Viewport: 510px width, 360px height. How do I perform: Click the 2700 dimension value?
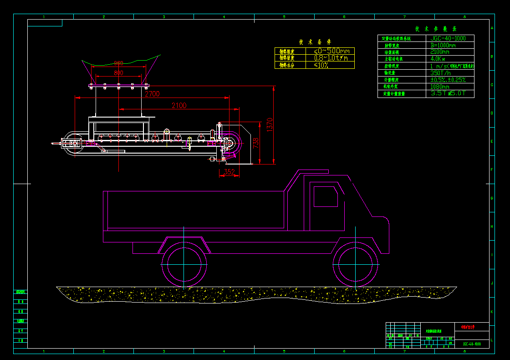pos(152,94)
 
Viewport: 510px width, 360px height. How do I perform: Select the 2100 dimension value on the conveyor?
pos(179,105)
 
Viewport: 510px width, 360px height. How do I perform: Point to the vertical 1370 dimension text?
pos(269,124)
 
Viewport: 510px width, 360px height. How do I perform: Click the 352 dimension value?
pos(229,172)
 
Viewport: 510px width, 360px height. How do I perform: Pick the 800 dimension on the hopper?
pos(118,73)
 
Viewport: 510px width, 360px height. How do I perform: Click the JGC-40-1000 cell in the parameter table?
pos(449,38)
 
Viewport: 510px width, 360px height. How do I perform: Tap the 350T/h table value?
pos(440,73)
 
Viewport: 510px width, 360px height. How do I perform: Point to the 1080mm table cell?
pos(440,87)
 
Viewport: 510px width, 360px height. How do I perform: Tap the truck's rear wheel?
pos(184,264)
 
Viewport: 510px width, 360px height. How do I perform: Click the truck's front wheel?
pos(356,264)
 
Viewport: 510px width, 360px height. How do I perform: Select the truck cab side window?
pos(325,196)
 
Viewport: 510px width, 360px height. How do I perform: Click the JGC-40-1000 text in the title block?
pos(471,344)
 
